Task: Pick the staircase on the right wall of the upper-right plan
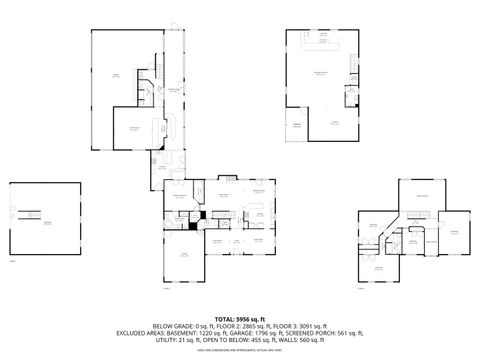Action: pyautogui.click(x=351, y=95)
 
